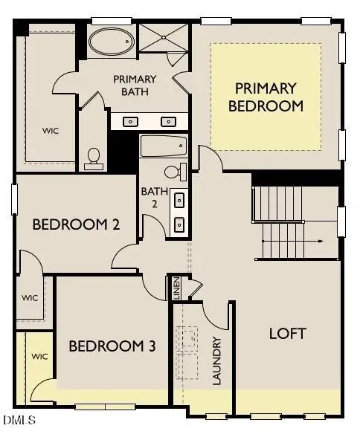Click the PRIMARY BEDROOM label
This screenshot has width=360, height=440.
pos(266,97)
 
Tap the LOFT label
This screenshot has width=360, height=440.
pos(287,333)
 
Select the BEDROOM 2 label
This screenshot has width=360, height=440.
pos(76,224)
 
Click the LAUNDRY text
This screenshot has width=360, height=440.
pos(217,361)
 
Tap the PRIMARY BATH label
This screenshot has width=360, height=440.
pos(135,85)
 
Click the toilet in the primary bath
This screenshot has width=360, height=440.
pos(94,157)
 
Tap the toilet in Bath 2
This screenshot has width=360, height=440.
pos(173,172)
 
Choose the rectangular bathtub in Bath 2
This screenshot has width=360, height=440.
pos(164,145)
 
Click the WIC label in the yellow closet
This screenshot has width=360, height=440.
pos(39,357)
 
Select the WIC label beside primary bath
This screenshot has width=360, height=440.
pos(51,131)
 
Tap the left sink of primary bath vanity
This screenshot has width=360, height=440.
pos(131,121)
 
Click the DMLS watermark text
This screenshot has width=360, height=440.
pos(19,421)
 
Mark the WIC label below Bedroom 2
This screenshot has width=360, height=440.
pos(30,298)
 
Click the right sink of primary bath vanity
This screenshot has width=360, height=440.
pos(168,121)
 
